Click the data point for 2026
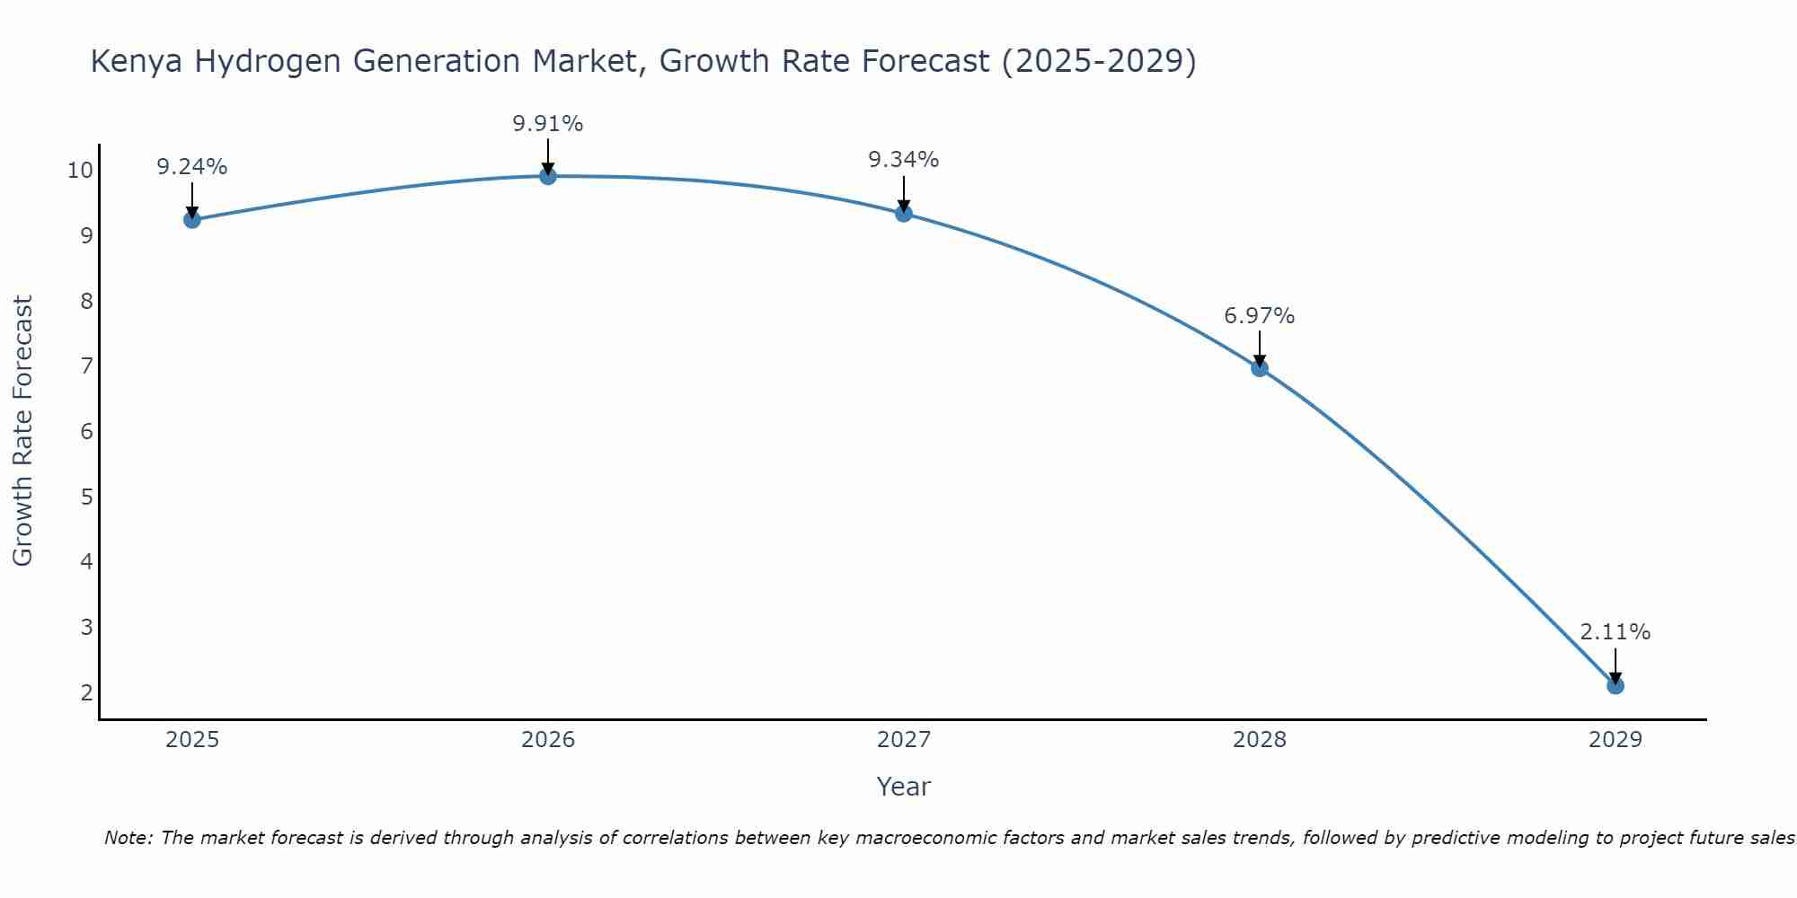pyautogui.click(x=548, y=176)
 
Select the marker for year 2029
pyautogui.click(x=1615, y=686)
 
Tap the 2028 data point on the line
pyautogui.click(x=1260, y=367)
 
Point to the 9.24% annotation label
pyautogui.click(x=192, y=167)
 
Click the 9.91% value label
pyautogui.click(x=548, y=124)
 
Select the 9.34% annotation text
pyautogui.click(x=904, y=160)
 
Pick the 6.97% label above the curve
pyautogui.click(x=1260, y=316)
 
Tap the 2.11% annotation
pyautogui.click(x=1615, y=632)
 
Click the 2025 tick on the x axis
pyautogui.click(x=192, y=740)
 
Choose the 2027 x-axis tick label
pyautogui.click(x=904, y=740)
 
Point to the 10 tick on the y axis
pyautogui.click(x=79, y=171)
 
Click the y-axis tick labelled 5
pyautogui.click(x=87, y=497)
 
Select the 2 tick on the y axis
pyautogui.click(x=87, y=692)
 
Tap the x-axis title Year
pyautogui.click(x=904, y=787)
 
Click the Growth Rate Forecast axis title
pyautogui.click(x=22, y=431)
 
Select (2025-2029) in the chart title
pyautogui.click(x=1099, y=62)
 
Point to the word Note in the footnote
pyautogui.click(x=129, y=838)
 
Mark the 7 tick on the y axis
pyautogui.click(x=87, y=366)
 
